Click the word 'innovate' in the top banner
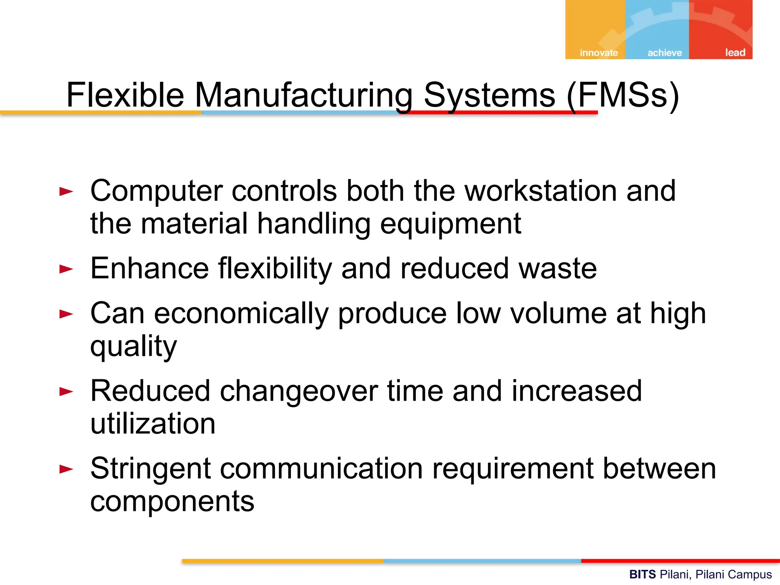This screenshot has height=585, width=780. coord(599,53)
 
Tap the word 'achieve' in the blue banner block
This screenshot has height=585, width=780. coord(665,53)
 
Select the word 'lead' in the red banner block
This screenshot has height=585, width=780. coord(735,52)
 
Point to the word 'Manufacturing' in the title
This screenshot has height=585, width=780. coord(304,95)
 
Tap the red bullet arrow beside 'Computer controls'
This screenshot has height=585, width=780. coord(66,191)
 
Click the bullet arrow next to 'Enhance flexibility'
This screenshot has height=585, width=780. coord(66,269)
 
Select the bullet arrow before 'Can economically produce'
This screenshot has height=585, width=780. coord(66,314)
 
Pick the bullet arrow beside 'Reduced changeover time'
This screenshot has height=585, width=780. coord(66,392)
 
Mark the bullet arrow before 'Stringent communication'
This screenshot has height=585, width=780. coord(66,469)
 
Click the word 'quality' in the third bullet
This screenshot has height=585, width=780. coord(134,347)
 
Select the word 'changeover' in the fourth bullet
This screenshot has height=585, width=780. coord(299,391)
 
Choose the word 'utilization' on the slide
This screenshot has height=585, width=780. coord(153,424)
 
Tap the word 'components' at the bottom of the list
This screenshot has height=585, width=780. coord(172,502)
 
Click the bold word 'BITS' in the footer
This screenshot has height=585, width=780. coord(643,574)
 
